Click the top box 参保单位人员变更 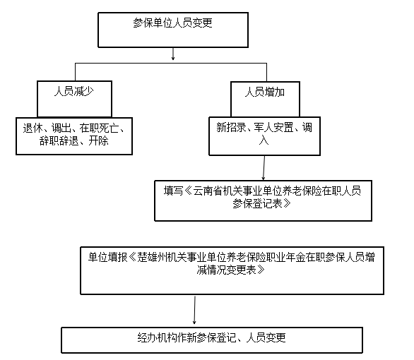pyautogui.click(x=173, y=30)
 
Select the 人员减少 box pyautogui.click(x=74, y=99)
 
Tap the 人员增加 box pyautogui.click(x=265, y=99)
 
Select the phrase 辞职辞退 pyautogui.click(x=59, y=141)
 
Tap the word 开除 pyautogui.click(x=98, y=141)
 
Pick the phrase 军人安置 pyautogui.click(x=273, y=127)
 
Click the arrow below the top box pyautogui.click(x=173, y=54)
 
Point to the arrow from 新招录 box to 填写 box pyautogui.click(x=264, y=168)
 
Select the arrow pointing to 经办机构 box pyautogui.click(x=194, y=310)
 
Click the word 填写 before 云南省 pyautogui.click(x=174, y=191)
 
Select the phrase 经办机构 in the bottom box pyautogui.click(x=157, y=337)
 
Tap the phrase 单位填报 pyautogui.click(x=107, y=257)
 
